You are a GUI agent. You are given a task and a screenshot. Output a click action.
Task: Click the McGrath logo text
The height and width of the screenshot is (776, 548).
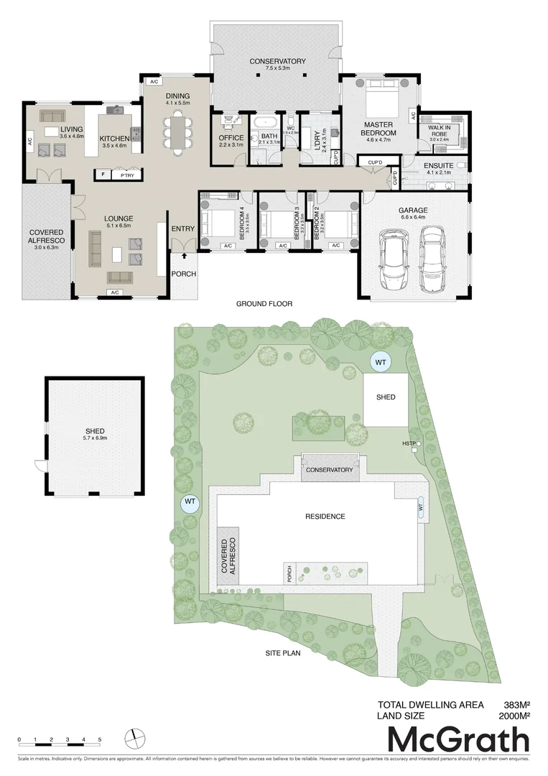point(458,740)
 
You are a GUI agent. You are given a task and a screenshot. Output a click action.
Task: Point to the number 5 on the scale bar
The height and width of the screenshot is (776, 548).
point(100,739)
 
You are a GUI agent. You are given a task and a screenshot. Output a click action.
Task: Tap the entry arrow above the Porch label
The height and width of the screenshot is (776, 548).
point(185,254)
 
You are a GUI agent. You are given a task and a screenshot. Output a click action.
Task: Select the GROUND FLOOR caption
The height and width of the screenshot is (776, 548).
point(264,304)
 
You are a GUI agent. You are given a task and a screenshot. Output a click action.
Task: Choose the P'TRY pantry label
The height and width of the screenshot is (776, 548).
point(128,175)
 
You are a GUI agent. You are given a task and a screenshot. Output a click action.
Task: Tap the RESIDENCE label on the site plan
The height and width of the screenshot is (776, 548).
point(325,517)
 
